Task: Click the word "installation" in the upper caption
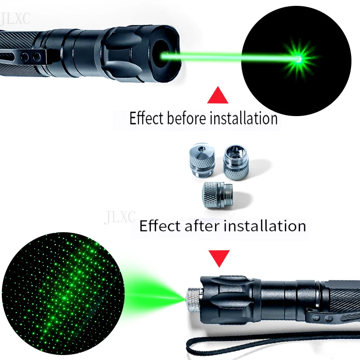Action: coord(243,119)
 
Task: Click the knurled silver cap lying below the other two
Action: coord(216,194)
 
